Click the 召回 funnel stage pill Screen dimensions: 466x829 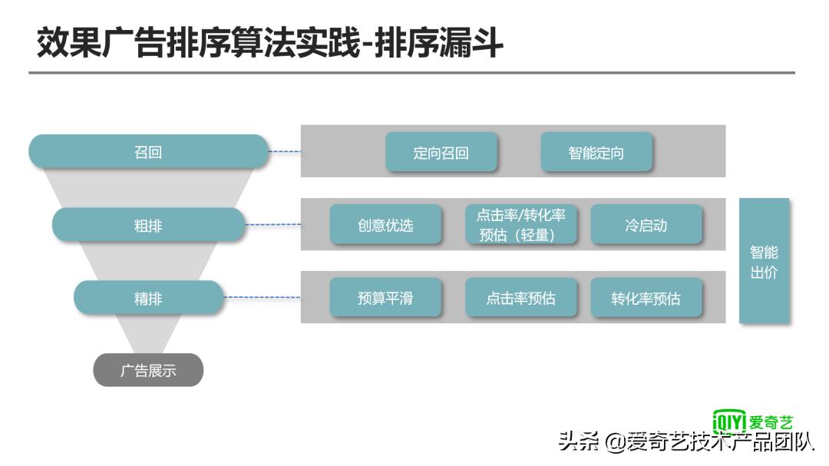point(148,152)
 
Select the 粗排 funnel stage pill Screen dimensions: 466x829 point(148,226)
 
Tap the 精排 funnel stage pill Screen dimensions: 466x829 point(148,298)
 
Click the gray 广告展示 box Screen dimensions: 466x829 point(148,370)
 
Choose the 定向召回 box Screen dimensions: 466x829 point(441,152)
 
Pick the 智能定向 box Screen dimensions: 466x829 point(596,152)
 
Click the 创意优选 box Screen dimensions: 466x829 point(385,225)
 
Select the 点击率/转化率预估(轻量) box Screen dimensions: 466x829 point(521,225)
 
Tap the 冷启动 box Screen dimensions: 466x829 point(646,225)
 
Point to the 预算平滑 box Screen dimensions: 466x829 point(385,298)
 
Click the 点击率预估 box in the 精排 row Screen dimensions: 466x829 point(521,298)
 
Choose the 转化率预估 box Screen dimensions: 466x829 point(646,298)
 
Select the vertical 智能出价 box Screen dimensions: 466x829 point(764,261)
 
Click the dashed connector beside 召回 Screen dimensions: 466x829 point(285,152)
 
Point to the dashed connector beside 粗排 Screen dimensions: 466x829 point(273,225)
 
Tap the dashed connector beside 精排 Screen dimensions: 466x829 point(262,298)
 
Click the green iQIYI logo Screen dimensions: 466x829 point(752,421)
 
